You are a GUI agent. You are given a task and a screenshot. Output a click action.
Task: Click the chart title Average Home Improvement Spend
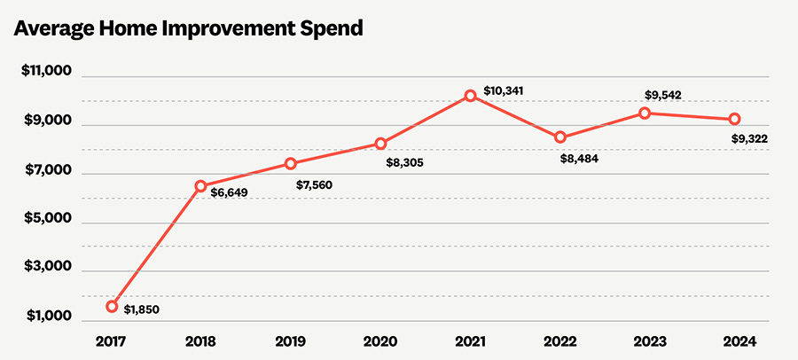188,28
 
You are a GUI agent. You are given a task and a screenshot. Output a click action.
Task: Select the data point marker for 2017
113,306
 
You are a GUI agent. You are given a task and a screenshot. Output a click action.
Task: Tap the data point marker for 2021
471,96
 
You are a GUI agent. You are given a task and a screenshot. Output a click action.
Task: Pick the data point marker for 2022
560,137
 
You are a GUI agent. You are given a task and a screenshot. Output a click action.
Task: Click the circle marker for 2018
201,186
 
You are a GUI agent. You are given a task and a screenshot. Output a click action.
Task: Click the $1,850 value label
142,310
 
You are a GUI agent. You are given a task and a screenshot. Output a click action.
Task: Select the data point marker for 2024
735,119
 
